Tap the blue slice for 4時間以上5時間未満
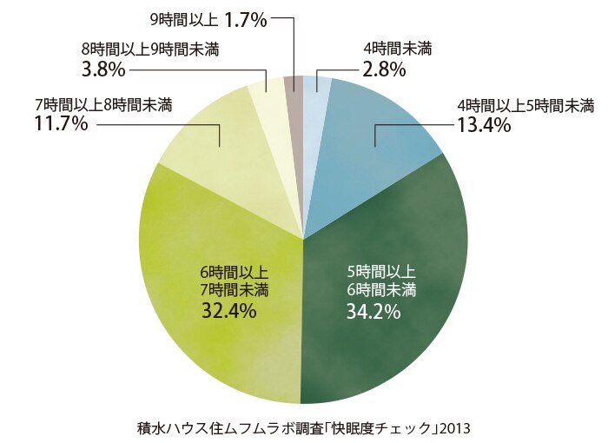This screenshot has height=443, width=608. coord(373,148)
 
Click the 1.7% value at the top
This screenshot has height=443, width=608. coord(246,21)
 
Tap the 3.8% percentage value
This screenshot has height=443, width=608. coord(103,70)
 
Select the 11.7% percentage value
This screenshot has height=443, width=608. coord(61,123)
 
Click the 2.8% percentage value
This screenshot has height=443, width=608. coord(384,70)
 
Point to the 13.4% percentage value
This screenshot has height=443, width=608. coord(485,125)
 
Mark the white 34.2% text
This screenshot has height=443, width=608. coord(373,311)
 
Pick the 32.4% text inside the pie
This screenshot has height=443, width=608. coord(228,310)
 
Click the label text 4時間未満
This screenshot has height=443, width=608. coord(398,50)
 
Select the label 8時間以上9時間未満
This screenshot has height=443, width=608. coord(150,50)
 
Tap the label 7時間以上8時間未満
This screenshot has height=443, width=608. coord(103,105)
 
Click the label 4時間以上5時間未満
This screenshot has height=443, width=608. coord(526,105)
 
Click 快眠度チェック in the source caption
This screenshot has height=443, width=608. coord(385,428)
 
